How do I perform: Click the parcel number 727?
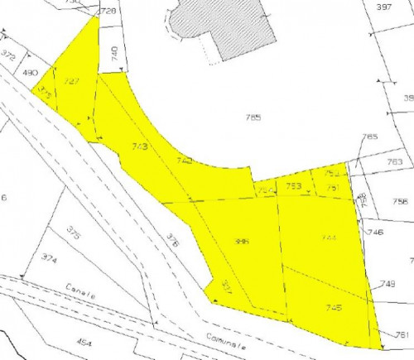[x=71, y=82]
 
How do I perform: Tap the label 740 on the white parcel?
[x=114, y=53]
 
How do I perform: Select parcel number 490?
[x=31, y=73]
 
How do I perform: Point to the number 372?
[x=8, y=55]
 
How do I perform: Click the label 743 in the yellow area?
[x=139, y=146]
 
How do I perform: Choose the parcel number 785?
[x=253, y=118]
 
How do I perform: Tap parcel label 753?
[x=293, y=186]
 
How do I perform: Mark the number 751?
[x=333, y=188]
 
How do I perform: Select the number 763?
[x=394, y=162]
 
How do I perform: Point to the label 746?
[x=375, y=233]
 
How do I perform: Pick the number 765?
[x=369, y=137]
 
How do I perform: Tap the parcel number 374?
[x=49, y=259]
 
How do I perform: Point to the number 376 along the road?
[x=172, y=240]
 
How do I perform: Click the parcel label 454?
[x=82, y=340]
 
